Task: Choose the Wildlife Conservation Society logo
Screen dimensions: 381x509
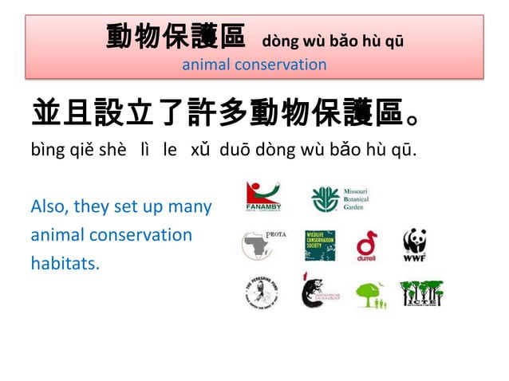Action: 320,245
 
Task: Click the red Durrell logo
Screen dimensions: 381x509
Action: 367,245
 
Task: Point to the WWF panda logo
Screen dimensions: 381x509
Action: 415,245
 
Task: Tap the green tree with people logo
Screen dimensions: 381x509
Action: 371,295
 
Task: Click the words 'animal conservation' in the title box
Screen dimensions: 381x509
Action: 254,64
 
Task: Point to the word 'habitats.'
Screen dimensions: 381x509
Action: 65,263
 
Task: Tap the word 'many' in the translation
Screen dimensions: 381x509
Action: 191,207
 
